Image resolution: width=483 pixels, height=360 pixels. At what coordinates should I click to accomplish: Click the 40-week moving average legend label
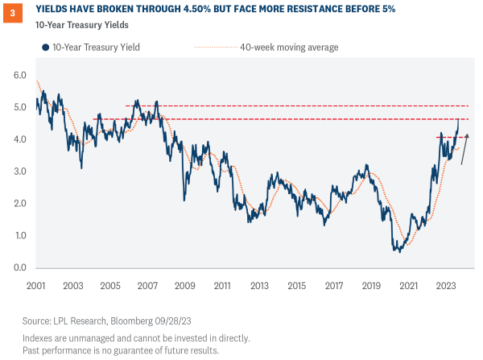pos(289,48)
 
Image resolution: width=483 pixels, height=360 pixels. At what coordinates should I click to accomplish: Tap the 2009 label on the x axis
pos(184,286)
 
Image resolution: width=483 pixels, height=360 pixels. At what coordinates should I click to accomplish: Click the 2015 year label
pos(297,286)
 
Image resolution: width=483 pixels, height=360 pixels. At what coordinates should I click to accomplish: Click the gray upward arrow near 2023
pos(464,149)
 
